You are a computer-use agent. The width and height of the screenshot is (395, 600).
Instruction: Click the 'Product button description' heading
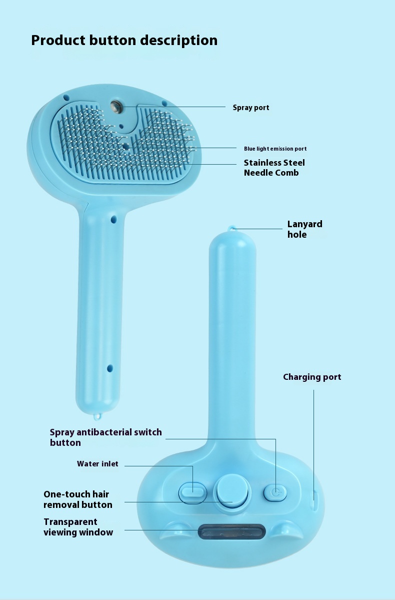[124, 41]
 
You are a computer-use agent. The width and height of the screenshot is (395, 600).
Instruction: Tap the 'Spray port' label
[251, 108]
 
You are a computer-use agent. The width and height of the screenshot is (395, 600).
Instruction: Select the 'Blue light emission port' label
[275, 149]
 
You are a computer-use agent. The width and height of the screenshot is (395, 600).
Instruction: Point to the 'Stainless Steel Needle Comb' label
[274, 168]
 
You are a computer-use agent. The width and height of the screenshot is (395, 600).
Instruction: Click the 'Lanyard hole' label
[304, 229]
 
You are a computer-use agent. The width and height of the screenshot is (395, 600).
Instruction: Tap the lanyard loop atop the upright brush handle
[231, 228]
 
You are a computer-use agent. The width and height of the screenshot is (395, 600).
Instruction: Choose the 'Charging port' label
[312, 377]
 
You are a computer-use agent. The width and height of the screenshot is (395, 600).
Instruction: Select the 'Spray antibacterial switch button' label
[105, 437]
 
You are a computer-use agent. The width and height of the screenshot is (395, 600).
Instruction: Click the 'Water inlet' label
[97, 464]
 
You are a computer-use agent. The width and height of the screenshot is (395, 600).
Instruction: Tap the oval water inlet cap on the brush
[192, 492]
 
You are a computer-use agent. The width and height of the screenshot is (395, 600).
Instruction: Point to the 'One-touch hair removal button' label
[77, 499]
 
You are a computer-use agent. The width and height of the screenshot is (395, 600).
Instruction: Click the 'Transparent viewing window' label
[78, 527]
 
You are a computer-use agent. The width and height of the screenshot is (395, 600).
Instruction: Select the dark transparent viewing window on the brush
[231, 531]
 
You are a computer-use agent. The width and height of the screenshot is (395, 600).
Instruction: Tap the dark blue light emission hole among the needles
[125, 146]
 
